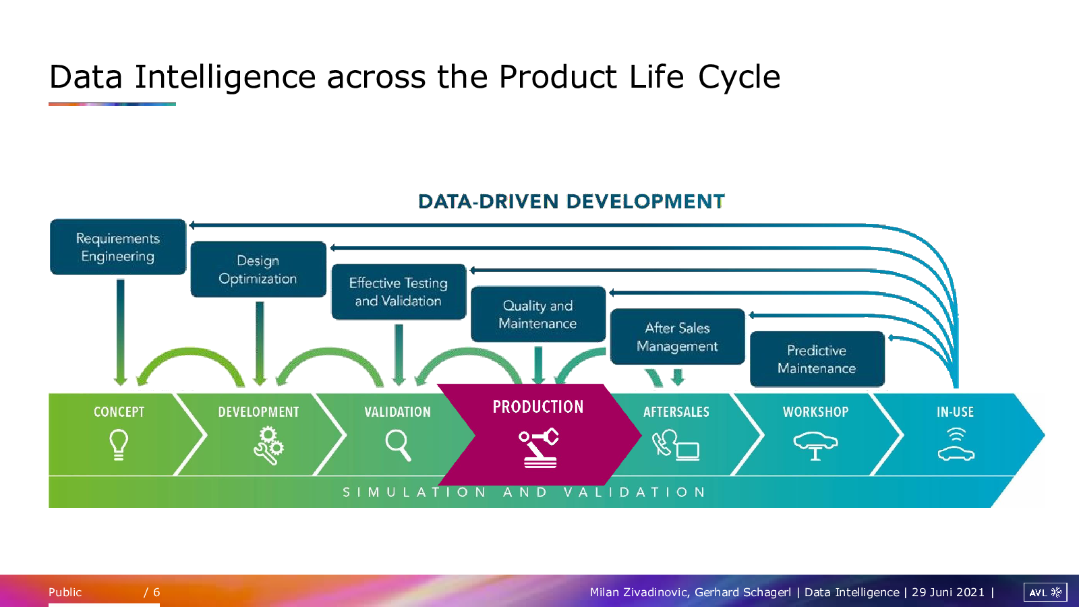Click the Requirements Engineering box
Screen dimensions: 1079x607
pyautogui.click(x=117, y=247)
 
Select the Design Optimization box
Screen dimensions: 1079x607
pyautogui.click(x=258, y=269)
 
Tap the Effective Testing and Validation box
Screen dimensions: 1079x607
pyautogui.click(x=399, y=291)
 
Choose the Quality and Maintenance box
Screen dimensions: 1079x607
pyautogui.click(x=538, y=314)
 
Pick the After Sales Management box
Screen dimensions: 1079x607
pyautogui.click(x=677, y=337)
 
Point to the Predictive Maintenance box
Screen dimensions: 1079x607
pyautogui.click(x=817, y=359)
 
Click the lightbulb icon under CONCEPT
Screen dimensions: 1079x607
pyautogui.click(x=119, y=444)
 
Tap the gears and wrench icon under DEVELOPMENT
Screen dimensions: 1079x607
pyautogui.click(x=269, y=446)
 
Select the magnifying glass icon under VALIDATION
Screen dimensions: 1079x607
pyautogui.click(x=399, y=446)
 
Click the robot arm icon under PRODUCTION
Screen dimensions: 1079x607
pyautogui.click(x=539, y=447)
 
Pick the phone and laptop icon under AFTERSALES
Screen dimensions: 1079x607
pyautogui.click(x=676, y=445)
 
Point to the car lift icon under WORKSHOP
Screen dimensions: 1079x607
pyautogui.click(x=815, y=446)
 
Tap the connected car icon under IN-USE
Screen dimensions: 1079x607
pyautogui.click(x=956, y=444)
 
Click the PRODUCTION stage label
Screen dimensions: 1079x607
pyautogui.click(x=538, y=407)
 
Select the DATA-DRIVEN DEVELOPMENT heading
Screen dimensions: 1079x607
pyautogui.click(x=571, y=202)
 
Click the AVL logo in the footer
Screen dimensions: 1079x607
pyautogui.click(x=1045, y=592)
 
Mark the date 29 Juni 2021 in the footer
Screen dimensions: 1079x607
pyautogui.click(x=948, y=592)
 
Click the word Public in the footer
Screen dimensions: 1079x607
pyautogui.click(x=65, y=592)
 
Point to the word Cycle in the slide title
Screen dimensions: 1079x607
pyautogui.click(x=739, y=78)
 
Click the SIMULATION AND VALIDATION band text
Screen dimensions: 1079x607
pyautogui.click(x=524, y=492)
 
